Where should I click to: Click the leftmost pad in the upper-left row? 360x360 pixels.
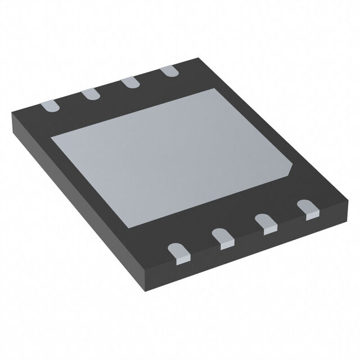tap(50, 105)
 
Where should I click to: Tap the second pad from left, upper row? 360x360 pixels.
tap(90, 94)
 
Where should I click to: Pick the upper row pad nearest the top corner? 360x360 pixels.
tap(168, 72)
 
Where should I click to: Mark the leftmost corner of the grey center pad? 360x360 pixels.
tap(52, 138)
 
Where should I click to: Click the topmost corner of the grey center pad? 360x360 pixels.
tap(215, 88)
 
